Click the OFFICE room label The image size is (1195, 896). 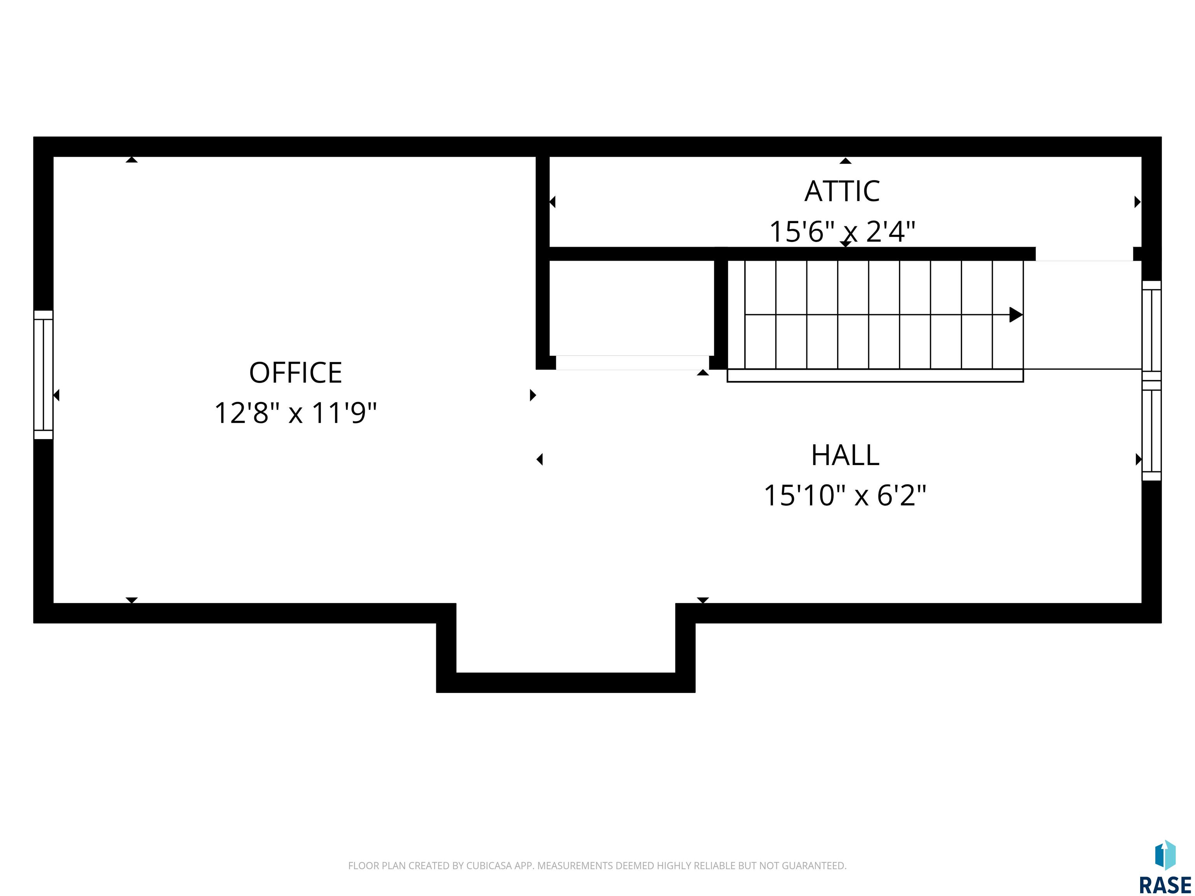pos(296,373)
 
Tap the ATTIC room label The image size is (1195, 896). pos(842,191)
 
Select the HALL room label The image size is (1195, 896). pos(845,455)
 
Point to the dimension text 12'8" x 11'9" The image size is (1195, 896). pos(296,413)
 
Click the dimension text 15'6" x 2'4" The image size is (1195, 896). pos(842,232)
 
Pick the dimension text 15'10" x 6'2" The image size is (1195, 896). pos(845,495)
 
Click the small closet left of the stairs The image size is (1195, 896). pos(631,308)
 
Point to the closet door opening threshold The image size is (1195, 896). pos(632,362)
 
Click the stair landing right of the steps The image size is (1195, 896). pos(1083,315)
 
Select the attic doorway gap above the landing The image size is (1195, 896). pos(1084,254)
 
